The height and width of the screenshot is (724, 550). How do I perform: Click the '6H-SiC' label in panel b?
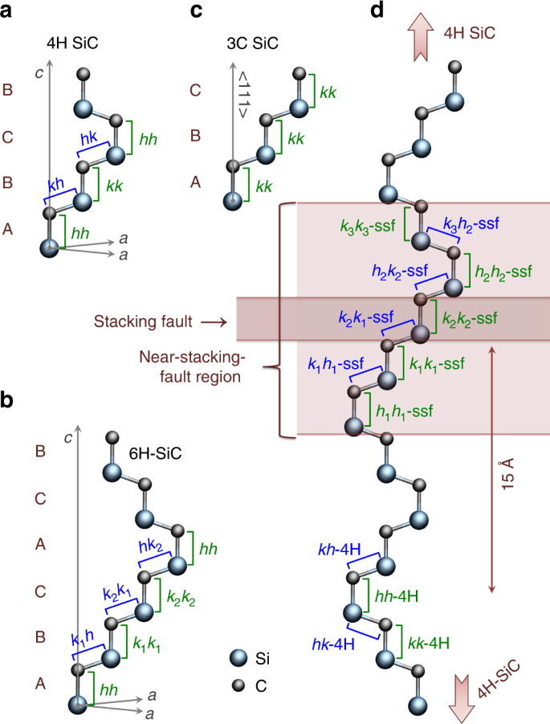157,454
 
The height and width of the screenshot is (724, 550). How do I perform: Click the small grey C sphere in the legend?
238,685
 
